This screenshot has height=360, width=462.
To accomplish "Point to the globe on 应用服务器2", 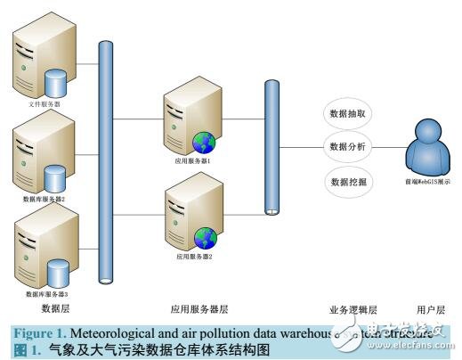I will (207, 237).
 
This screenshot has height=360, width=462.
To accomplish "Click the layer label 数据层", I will (55, 308).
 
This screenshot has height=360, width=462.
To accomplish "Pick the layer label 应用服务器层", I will (199, 309).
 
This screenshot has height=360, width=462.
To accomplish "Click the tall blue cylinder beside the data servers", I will (106, 160).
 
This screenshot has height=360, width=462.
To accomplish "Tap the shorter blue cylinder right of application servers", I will (272, 147).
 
